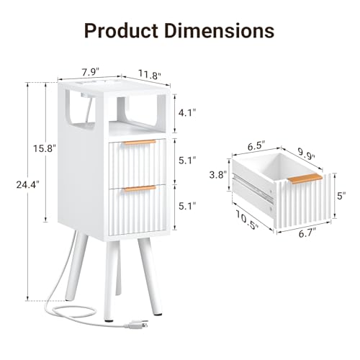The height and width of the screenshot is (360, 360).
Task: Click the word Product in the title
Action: [121, 30]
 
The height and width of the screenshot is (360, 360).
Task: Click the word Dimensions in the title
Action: [219, 30]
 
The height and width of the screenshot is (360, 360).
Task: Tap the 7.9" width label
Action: [91, 72]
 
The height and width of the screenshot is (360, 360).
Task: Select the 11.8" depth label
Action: [149, 74]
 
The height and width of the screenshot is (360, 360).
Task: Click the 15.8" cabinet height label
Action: [45, 148]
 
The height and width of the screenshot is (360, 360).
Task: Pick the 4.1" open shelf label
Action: [187, 112]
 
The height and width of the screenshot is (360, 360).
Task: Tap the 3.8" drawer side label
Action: [218, 175]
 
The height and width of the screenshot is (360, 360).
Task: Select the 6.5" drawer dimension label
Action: [256, 145]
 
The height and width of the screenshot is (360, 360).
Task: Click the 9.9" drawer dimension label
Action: [307, 153]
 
